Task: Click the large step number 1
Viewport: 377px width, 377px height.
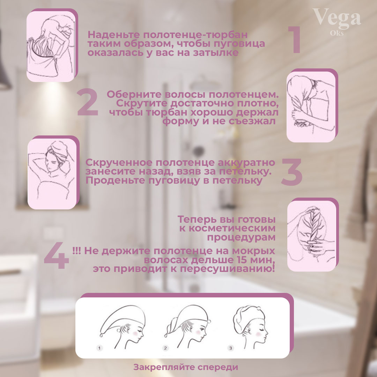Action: point(295,40)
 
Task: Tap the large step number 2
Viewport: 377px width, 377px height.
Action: point(88,102)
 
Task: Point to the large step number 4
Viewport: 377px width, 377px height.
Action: point(56,255)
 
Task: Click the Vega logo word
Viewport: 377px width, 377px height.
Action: point(337,17)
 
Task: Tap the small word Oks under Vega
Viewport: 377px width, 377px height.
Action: point(337,33)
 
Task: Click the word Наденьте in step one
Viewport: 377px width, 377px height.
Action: point(114,35)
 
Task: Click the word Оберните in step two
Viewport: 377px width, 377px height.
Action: point(134,94)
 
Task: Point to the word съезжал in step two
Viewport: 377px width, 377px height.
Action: point(252,121)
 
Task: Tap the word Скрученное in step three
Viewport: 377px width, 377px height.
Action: point(119,163)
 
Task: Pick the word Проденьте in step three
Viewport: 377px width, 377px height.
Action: point(116,180)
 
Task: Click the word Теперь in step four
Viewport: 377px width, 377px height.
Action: point(197,220)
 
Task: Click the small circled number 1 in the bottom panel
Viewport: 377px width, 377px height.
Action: point(99,348)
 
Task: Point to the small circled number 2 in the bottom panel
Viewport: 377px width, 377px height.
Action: point(165,348)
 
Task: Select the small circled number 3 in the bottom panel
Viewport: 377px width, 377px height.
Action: point(231,348)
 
